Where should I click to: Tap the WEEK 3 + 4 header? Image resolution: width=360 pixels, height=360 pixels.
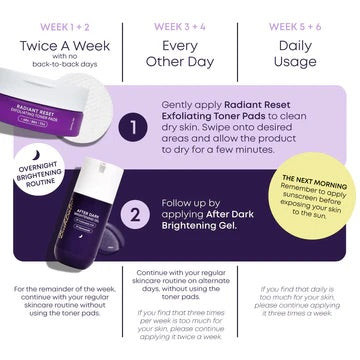point(181,14)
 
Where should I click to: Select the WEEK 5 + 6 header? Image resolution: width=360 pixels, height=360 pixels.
point(298,14)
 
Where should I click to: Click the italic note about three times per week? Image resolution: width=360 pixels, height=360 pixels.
point(181,327)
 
